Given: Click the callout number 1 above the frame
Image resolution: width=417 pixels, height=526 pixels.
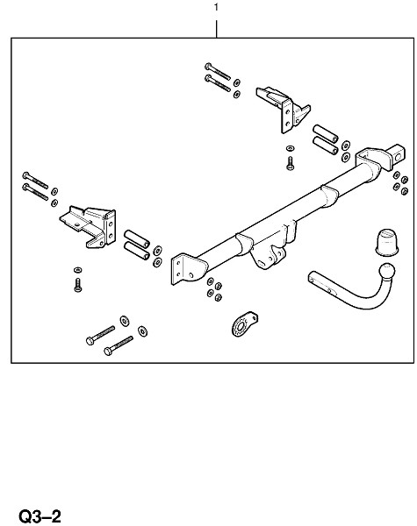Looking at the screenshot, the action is [216, 7].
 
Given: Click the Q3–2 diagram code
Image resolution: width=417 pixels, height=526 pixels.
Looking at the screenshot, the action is [40, 516].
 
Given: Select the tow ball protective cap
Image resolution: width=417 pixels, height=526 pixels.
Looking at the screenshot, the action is [386, 242].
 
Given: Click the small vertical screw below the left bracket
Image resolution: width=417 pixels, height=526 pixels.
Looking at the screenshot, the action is [77, 285].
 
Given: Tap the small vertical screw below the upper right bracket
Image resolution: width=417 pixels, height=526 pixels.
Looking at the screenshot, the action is [290, 163].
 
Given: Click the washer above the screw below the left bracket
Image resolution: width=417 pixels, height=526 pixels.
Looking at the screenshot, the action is [78, 270].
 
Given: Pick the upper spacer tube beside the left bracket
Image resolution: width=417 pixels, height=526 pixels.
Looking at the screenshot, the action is [137, 238].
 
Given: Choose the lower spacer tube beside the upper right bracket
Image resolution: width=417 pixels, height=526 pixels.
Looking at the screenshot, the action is [326, 146].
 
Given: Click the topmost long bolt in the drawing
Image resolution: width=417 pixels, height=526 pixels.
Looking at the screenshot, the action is [218, 71].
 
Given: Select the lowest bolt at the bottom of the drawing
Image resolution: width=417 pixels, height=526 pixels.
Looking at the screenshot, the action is [119, 345].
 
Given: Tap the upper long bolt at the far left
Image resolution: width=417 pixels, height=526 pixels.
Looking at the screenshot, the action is [35, 180].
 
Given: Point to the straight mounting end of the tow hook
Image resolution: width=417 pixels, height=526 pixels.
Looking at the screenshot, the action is [321, 283].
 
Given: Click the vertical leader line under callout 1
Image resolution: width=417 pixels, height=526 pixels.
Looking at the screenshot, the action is [216, 29].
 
